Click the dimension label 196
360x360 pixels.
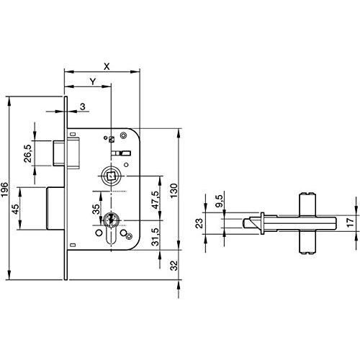coord(4,189)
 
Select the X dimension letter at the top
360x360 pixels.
coord(107,66)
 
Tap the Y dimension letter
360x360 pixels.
coord(93,81)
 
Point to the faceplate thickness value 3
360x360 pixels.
coord(83,107)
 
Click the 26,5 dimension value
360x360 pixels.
coord(28,153)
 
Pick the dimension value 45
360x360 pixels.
coord(16,210)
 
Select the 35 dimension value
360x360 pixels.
coord(96,209)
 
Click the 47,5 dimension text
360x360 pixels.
coord(156,200)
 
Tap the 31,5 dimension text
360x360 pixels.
coord(156,237)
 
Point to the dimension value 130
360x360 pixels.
coord(174,191)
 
